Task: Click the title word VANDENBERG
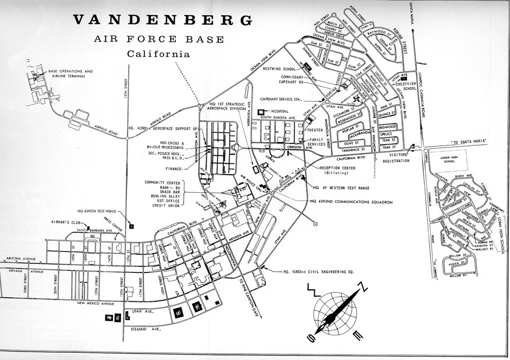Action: [162, 19]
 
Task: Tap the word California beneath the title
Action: [158, 54]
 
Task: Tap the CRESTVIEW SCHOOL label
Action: [405, 86]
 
